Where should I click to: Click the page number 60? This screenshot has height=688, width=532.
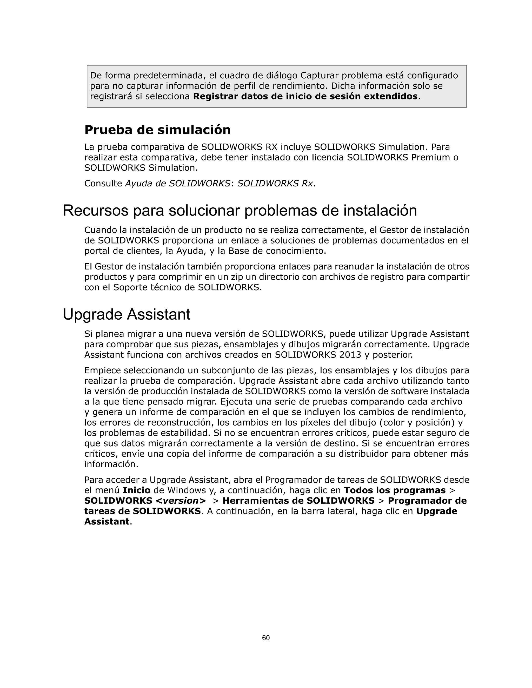(266, 638)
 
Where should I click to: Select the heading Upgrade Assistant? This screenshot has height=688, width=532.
(127, 314)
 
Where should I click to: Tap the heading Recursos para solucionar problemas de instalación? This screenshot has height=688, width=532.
(240, 211)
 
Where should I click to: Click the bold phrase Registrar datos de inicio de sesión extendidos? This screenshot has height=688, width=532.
(305, 96)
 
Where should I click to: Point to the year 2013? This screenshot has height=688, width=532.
(350, 355)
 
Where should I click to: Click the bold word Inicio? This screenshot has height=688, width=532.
(136, 490)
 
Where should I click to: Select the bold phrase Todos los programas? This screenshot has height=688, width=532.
(395, 490)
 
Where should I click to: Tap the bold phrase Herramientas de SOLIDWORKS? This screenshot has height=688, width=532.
(298, 501)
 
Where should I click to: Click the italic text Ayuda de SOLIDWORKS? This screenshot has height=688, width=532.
(177, 183)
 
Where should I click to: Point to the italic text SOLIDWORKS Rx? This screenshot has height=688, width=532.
(275, 183)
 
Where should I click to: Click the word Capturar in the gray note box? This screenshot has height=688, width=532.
(319, 76)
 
